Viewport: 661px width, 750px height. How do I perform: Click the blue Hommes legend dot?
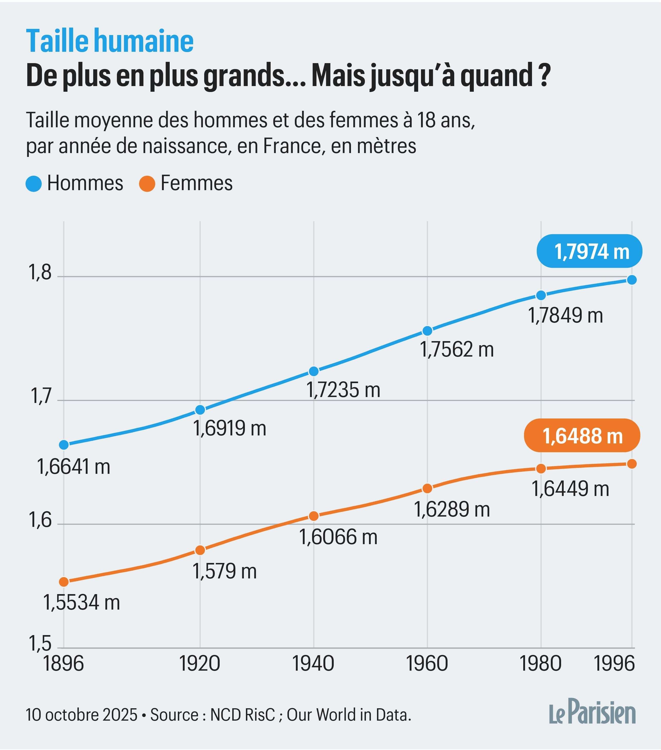34,183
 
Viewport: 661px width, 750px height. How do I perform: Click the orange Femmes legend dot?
147,183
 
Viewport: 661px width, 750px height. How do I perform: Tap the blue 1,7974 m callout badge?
589,251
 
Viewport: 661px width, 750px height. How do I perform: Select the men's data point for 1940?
314,371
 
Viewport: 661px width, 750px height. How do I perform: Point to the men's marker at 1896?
64,445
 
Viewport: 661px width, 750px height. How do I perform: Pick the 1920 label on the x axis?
200,664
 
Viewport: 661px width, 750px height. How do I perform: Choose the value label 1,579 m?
225,571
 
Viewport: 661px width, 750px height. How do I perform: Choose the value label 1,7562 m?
457,349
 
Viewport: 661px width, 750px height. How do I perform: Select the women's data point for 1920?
200,550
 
